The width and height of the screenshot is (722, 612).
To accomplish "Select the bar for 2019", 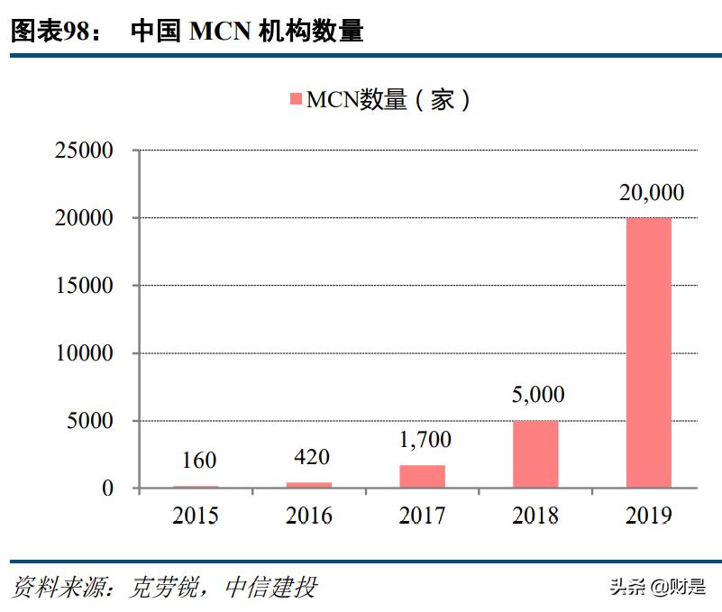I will point(649,352).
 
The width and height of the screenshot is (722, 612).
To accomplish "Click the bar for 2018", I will point(535,454).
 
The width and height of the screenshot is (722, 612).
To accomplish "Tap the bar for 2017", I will point(422,477).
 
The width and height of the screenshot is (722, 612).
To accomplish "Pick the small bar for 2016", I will point(309,485).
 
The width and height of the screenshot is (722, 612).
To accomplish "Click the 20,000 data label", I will point(651,192).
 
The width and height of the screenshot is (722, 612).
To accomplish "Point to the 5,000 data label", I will point(536,395).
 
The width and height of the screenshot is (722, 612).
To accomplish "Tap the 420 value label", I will point(311,457).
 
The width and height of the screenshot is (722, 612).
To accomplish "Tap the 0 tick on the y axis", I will point(107,489).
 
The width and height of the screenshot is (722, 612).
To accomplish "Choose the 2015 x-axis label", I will point(196,516).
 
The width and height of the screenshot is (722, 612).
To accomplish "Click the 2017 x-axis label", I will point(423,516).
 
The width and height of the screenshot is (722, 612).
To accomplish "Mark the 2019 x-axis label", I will point(649,516).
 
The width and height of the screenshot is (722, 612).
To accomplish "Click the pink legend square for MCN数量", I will point(296,99).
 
